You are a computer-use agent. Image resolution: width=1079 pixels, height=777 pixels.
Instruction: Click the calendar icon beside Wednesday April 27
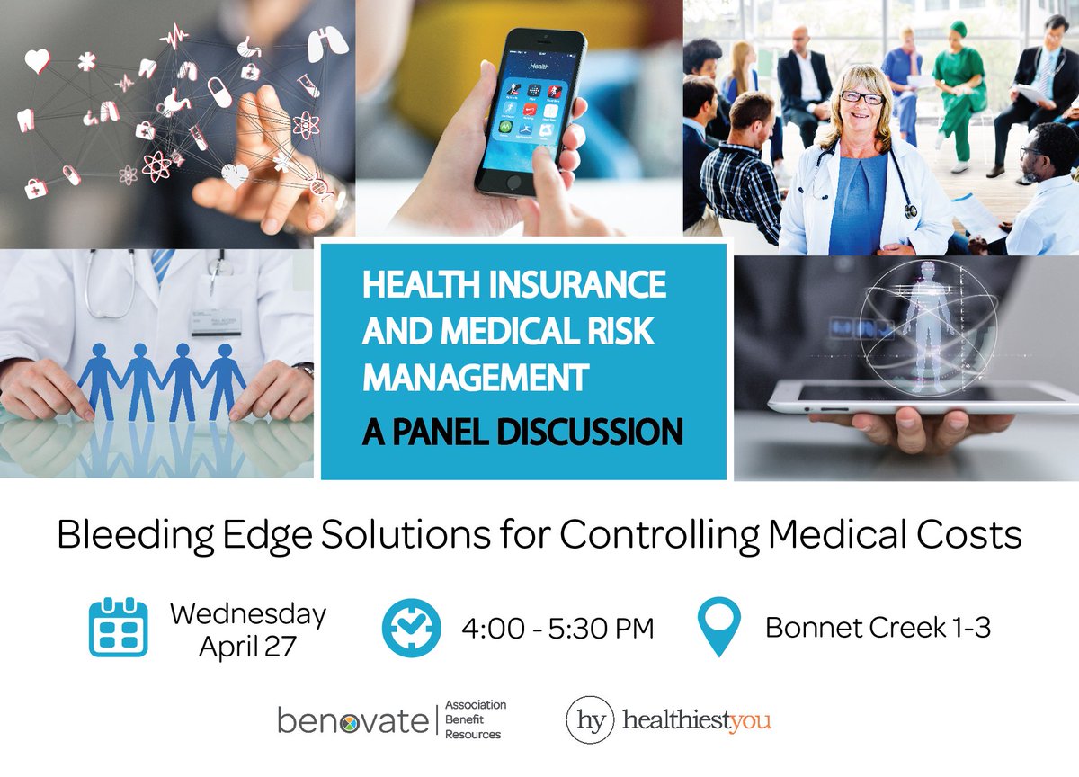pyautogui.click(x=118, y=627)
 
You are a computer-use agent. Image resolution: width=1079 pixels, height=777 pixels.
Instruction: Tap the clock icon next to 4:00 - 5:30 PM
pyautogui.click(x=411, y=627)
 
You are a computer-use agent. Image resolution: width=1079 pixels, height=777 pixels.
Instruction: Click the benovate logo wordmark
pyautogui.click(x=352, y=720)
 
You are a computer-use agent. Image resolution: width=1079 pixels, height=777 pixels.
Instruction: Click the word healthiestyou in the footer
pyautogui.click(x=697, y=721)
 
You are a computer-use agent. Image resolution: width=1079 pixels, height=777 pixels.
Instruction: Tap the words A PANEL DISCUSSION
pyautogui.click(x=522, y=433)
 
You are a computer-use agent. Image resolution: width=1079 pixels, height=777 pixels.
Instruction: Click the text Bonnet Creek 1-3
pyautogui.click(x=878, y=627)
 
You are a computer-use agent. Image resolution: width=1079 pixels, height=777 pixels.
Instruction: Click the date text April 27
pyautogui.click(x=247, y=646)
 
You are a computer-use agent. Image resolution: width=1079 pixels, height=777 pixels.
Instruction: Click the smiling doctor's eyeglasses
pyautogui.click(x=861, y=97)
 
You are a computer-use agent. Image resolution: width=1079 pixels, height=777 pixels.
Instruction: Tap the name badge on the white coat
pyautogui.click(x=216, y=322)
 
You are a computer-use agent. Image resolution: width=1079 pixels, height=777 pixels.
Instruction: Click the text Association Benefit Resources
pyautogui.click(x=476, y=720)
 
